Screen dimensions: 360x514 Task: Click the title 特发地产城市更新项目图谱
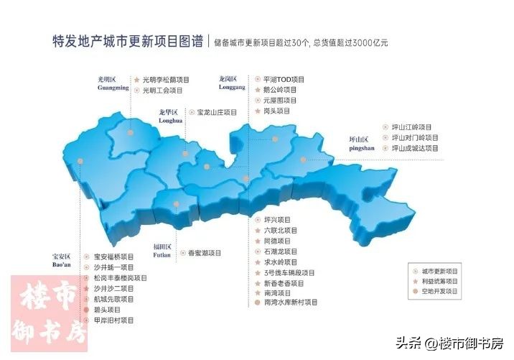pyautogui.click(x=127, y=41)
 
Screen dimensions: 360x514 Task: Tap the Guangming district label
pyautogui.click(x=113, y=83)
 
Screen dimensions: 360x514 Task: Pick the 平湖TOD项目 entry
pyautogui.click(x=284, y=79)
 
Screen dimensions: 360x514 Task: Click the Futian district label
pyautogui.click(x=162, y=250)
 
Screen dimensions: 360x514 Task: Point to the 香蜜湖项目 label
pyautogui.click(x=204, y=253)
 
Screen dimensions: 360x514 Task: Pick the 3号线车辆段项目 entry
pyautogui.click(x=289, y=273)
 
